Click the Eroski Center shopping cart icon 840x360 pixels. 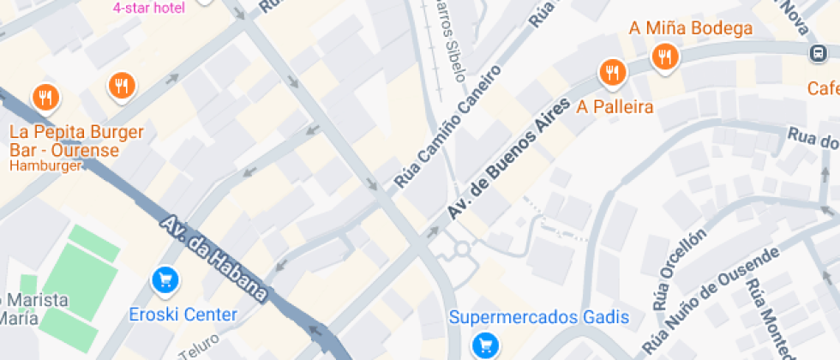165,279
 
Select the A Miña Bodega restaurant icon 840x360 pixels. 665,57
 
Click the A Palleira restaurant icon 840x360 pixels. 611,73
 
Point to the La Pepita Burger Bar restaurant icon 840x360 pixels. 45,98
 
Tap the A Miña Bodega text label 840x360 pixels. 691,28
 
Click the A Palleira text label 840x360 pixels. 615,107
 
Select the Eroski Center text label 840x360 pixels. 183,315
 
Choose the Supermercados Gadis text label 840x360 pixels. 539,317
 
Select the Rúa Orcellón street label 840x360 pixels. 680,269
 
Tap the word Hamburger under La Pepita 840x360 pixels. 45,165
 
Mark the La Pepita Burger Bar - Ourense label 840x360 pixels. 75,141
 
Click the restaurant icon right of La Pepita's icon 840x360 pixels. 122,85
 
